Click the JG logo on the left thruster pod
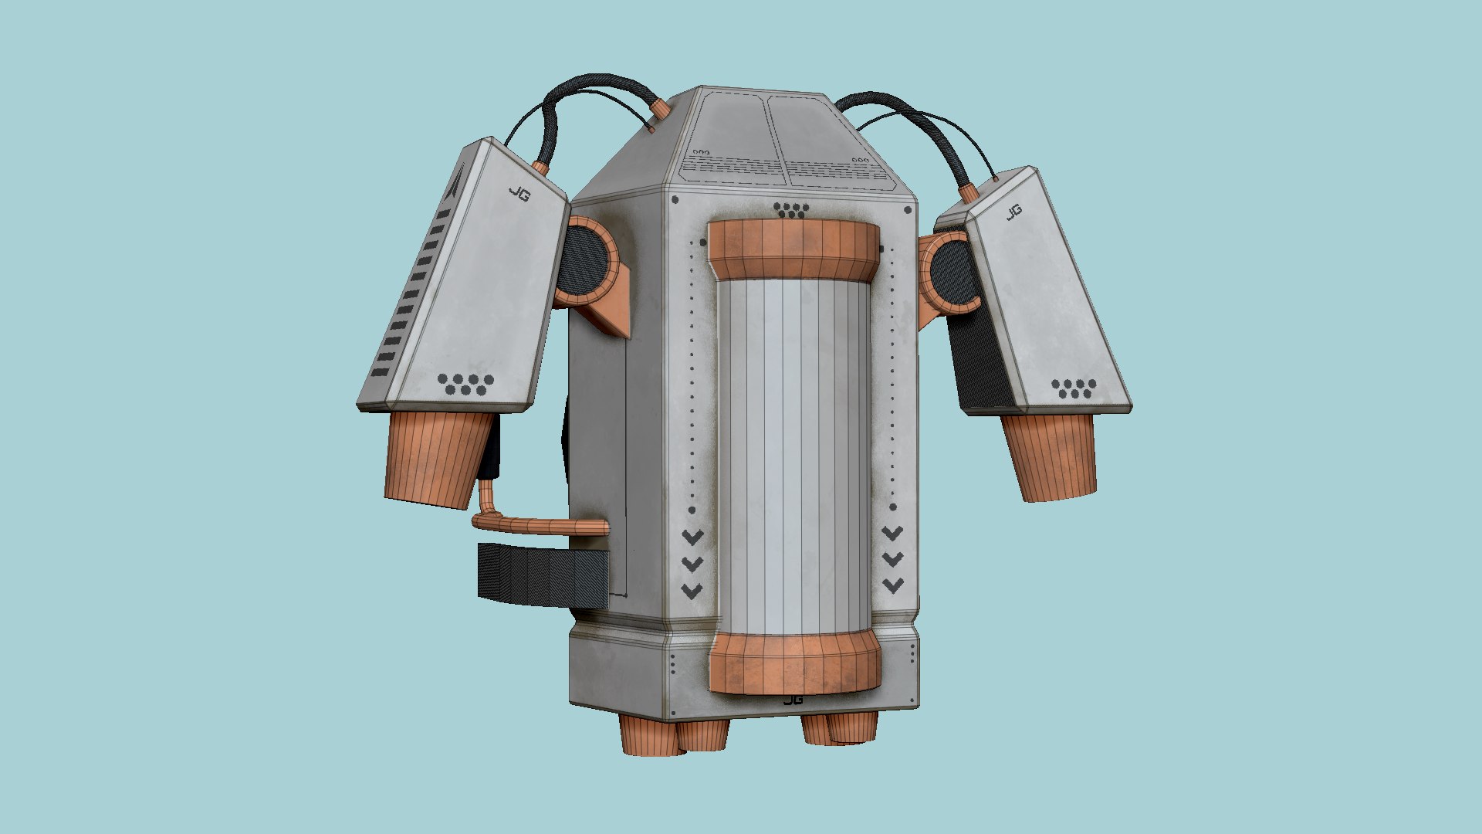click(519, 193)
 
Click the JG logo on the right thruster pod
click(1013, 211)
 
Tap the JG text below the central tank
click(793, 700)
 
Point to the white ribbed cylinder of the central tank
click(793, 456)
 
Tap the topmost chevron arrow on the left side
click(692, 536)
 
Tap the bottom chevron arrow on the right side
click(893, 585)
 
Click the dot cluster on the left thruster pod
click(465, 384)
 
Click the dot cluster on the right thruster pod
click(1074, 388)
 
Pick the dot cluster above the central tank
click(791, 210)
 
